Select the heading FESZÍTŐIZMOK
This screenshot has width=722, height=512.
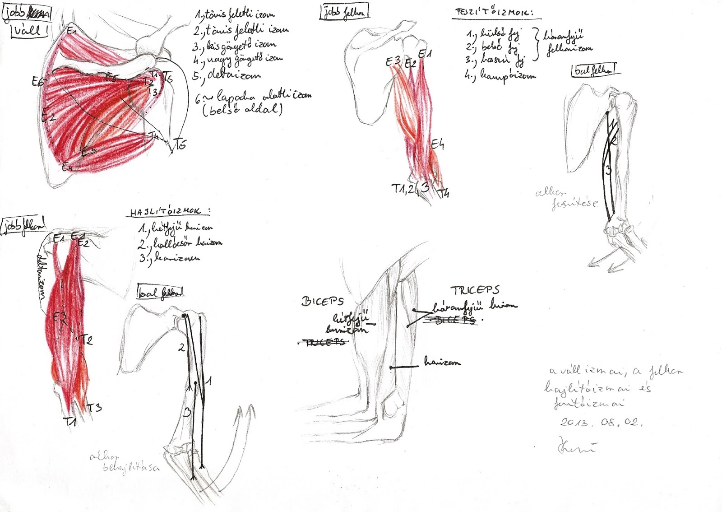tap(491, 13)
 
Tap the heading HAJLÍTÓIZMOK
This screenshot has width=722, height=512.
tap(170, 212)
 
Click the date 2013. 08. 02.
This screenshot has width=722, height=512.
tap(601, 422)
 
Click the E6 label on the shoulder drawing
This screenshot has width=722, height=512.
tap(38, 82)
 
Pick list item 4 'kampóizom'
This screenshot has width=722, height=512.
tap(501, 75)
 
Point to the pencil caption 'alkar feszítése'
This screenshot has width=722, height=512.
tap(566, 198)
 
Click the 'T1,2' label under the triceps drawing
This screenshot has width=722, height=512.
tap(403, 189)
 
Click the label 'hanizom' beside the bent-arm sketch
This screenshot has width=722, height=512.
tap(442, 362)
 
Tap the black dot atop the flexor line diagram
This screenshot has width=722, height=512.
tap(184, 315)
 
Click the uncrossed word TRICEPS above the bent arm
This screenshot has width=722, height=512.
tap(475, 290)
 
